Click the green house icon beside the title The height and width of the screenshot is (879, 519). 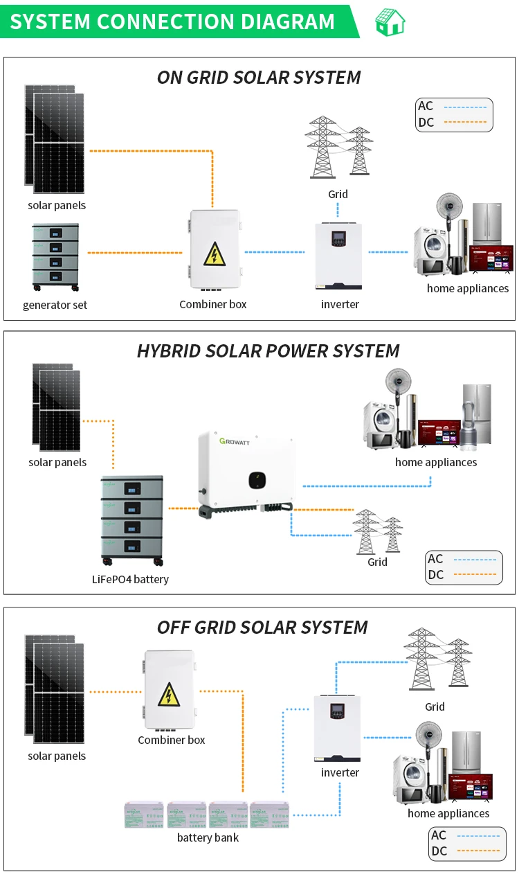(390, 21)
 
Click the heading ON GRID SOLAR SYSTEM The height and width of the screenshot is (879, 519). (259, 77)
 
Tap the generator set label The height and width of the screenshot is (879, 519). (55, 305)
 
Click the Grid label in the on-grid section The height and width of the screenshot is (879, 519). (338, 194)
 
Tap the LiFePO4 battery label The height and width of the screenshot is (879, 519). (130, 579)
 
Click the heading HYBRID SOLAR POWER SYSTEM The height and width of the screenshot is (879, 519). (268, 350)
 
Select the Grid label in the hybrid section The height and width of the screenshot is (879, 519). (377, 562)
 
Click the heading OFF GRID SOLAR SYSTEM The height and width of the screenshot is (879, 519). (262, 627)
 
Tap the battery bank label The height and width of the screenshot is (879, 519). (208, 837)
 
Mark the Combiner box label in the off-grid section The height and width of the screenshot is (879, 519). (172, 740)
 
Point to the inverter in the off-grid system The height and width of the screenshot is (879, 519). (337, 727)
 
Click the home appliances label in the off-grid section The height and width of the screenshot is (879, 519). (448, 813)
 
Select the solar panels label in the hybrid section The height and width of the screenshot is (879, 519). (57, 462)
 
